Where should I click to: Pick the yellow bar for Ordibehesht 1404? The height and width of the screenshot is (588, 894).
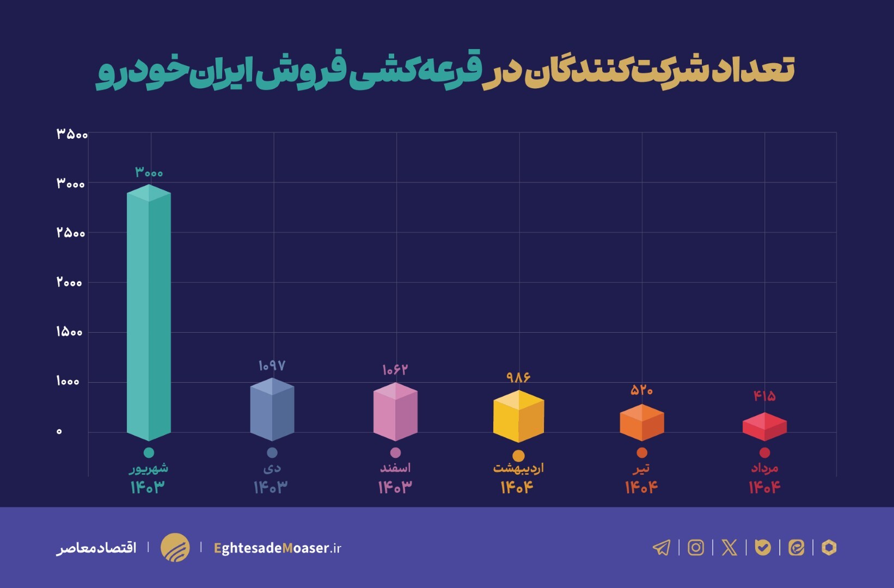coord(518,416)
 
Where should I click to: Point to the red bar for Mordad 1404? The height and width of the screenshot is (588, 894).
coord(764,427)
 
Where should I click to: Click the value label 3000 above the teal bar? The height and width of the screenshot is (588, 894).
coord(149,173)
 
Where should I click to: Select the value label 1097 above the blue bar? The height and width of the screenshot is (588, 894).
coord(272,365)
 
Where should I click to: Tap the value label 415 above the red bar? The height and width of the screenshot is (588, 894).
coord(764,396)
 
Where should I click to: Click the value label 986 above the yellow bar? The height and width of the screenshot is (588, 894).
coord(518,377)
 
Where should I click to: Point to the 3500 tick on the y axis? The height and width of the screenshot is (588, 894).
coord(72,134)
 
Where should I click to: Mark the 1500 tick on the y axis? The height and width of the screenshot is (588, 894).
coord(69,332)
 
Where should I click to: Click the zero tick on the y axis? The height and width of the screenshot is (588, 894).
coord(59,431)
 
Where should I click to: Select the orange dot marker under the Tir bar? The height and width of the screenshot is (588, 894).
coord(642,452)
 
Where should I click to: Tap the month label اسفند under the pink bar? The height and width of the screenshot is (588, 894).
coord(395,468)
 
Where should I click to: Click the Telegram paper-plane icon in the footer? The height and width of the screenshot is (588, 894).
coord(662,547)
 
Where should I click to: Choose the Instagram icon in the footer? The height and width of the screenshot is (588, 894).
coord(696,547)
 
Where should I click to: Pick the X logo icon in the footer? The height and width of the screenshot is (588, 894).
coord(729,547)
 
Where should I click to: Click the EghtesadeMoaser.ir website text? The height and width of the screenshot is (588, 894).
coord(277,548)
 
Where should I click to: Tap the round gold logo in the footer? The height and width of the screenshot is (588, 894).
coord(175,547)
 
